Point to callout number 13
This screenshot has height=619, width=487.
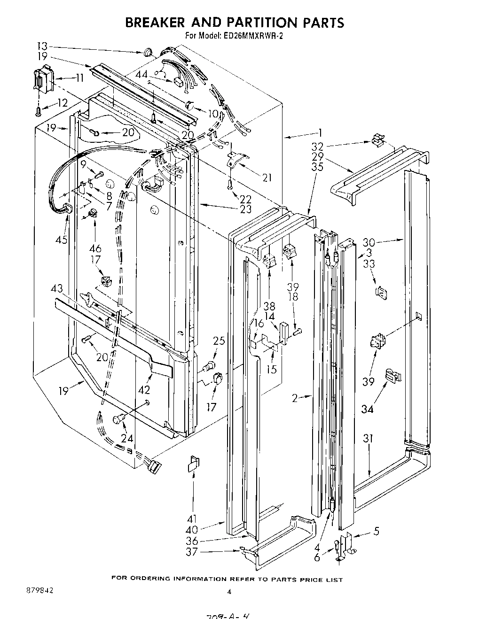(x=42, y=46)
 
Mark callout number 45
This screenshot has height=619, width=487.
(x=61, y=240)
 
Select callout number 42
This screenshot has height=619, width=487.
(x=144, y=389)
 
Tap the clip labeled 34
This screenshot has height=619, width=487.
(x=392, y=375)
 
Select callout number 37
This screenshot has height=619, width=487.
(x=192, y=552)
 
